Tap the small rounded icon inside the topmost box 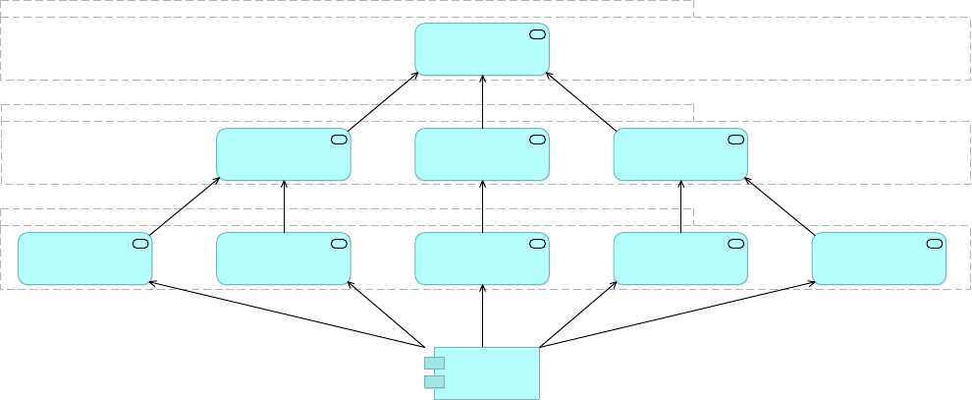pos(537,35)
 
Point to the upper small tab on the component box pos(434,364)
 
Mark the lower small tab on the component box pos(434,381)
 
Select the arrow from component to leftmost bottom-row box pos(285,314)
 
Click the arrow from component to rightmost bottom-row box pos(677,314)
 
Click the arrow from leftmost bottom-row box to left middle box pos(184,206)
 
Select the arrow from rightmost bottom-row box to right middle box pos(780,206)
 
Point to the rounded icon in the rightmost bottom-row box pos(934,244)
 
